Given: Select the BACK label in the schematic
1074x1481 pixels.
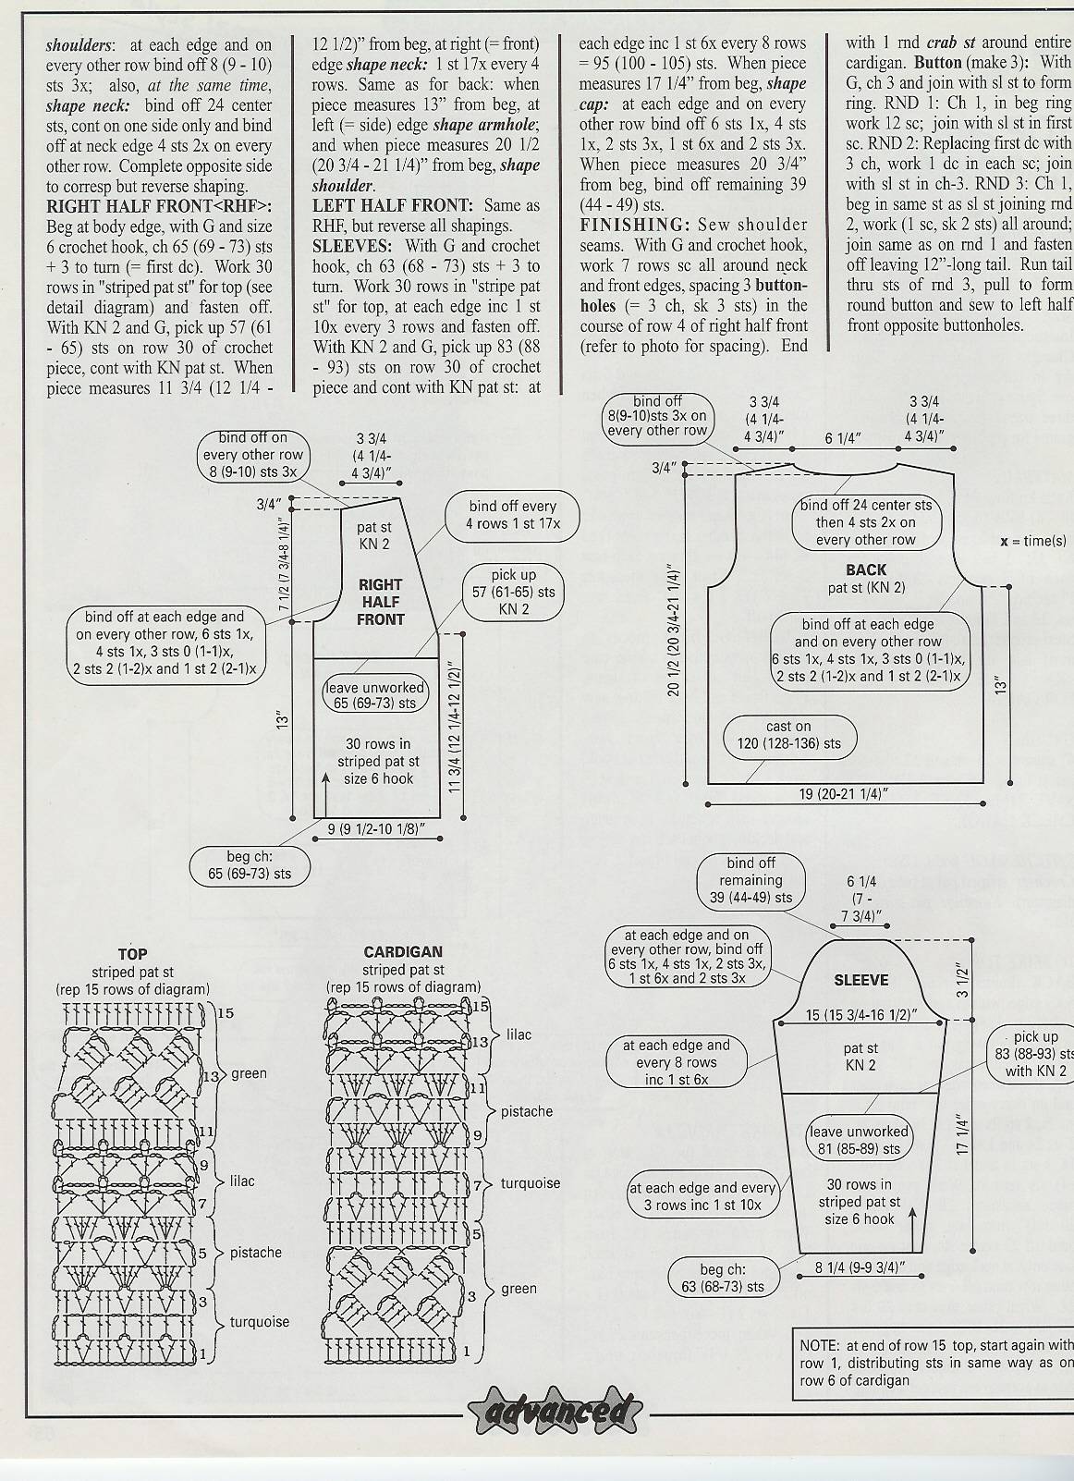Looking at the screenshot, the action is [866, 569].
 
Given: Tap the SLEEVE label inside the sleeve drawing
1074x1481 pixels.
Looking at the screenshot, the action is [861, 980].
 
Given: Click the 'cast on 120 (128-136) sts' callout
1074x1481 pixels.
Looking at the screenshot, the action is [790, 735].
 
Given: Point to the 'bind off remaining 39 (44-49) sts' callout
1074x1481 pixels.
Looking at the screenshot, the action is [751, 880].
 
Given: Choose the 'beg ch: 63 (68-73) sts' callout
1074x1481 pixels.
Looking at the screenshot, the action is [723, 1278].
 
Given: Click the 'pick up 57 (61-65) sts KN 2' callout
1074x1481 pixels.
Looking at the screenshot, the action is [514, 592].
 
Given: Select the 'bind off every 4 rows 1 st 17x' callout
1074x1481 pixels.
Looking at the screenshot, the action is [512, 515].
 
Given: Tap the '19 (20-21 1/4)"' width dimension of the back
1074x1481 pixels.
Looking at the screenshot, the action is [843, 794].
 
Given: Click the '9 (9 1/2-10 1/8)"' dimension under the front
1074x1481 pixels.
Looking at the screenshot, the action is [376, 829].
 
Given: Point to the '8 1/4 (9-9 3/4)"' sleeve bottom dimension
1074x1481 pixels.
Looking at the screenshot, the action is [860, 1267].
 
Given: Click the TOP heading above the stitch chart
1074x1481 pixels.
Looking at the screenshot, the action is [132, 954].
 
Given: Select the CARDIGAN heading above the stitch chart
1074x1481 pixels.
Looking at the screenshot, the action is [402, 951].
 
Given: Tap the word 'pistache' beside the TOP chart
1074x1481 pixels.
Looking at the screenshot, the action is [255, 1253].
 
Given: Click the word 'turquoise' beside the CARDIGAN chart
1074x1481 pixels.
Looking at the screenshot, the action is [530, 1182].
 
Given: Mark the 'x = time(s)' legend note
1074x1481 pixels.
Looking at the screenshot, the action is [1033, 541].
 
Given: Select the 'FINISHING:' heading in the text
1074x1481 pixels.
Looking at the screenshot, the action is [635, 225].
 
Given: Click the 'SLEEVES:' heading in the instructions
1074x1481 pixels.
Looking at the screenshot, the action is [351, 246].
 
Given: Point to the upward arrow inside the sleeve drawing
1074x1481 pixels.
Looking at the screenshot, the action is [913, 1229].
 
